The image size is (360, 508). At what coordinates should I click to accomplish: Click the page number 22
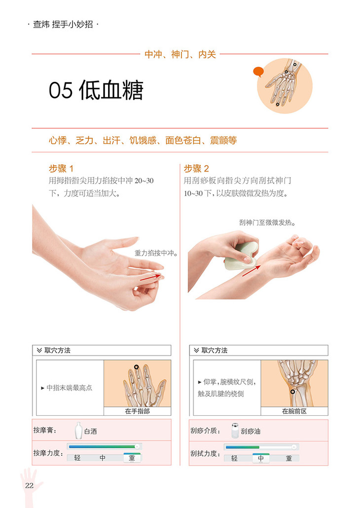(x=29, y=485)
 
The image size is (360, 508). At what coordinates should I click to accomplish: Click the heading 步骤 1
(x=61, y=168)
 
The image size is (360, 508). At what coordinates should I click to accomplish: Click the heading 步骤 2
(x=196, y=168)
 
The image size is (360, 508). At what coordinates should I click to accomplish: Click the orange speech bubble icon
(x=258, y=72)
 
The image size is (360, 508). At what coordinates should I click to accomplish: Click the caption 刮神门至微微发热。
(x=267, y=222)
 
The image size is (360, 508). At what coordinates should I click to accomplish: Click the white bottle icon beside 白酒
(x=78, y=430)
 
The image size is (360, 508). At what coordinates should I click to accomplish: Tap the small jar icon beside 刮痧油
(x=235, y=430)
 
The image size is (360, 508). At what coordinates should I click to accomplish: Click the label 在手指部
(x=137, y=411)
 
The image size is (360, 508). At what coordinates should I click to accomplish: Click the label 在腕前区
(x=294, y=411)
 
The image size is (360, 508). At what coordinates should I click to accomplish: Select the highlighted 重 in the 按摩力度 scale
(x=132, y=458)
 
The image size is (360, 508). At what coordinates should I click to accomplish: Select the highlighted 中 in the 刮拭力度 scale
(x=261, y=458)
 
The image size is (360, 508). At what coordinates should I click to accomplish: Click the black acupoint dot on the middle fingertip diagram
(x=137, y=367)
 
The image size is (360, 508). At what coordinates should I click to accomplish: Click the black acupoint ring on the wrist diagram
(x=292, y=391)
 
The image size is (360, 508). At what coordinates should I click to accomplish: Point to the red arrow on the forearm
(x=252, y=269)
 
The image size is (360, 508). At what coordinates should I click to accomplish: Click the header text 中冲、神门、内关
(x=180, y=54)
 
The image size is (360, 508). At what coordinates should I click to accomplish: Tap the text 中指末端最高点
(x=70, y=388)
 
